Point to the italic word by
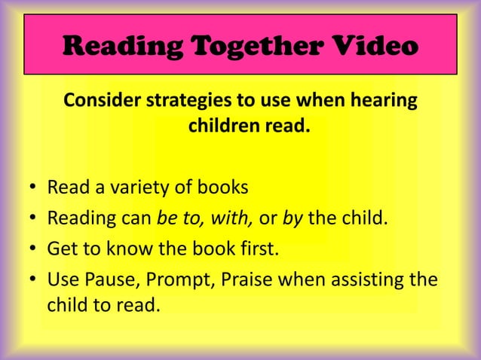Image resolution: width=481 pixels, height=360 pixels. point(291,219)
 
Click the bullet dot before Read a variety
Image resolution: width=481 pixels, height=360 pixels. point(34,188)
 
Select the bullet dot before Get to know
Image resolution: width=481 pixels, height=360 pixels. point(34,250)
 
